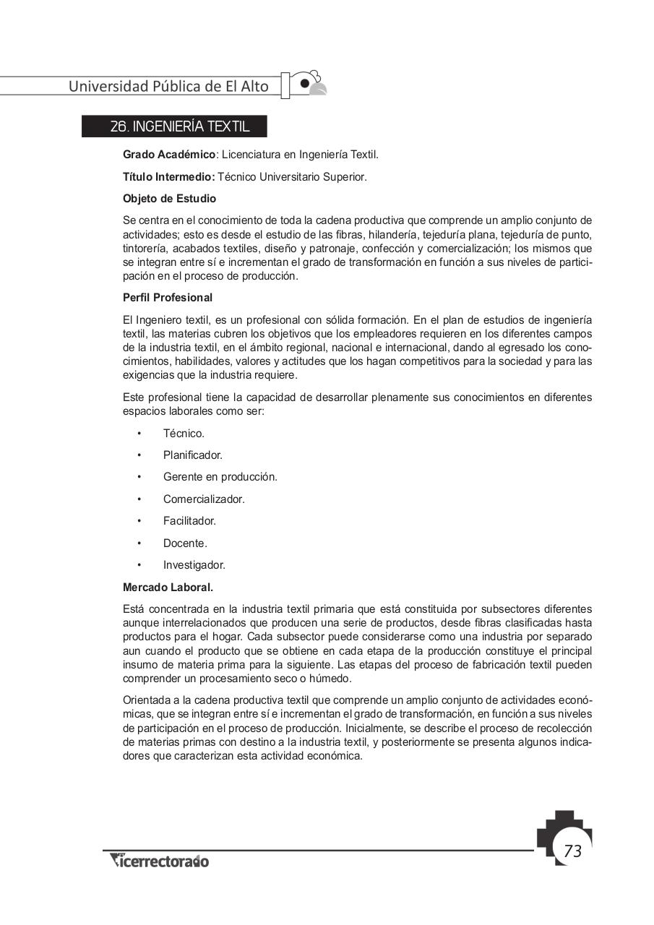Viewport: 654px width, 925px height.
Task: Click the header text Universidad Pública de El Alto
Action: point(168,86)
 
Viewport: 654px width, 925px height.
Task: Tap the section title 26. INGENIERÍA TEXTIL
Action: point(180,126)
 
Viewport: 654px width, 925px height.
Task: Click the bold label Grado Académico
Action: point(169,155)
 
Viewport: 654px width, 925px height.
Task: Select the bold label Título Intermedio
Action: point(169,176)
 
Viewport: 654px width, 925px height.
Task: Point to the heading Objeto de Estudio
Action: point(169,198)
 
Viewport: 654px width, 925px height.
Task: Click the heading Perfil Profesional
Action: point(168,298)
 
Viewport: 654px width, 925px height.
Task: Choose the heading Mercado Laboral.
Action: point(168,588)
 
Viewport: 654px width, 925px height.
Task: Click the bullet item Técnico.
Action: point(184,434)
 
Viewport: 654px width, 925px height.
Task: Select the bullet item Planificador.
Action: point(192,455)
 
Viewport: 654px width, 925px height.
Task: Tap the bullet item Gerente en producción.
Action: point(220,477)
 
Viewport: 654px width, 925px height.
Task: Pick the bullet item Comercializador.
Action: point(204,499)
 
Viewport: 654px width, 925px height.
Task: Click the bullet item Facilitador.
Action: point(189,521)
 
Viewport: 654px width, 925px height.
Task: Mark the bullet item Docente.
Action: point(185,543)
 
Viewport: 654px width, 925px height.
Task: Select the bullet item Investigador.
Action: point(194,565)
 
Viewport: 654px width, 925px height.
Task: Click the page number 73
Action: point(572,851)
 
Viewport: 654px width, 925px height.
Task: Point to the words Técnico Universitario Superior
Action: point(293,176)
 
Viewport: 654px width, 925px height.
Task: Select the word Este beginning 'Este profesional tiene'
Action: point(134,397)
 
